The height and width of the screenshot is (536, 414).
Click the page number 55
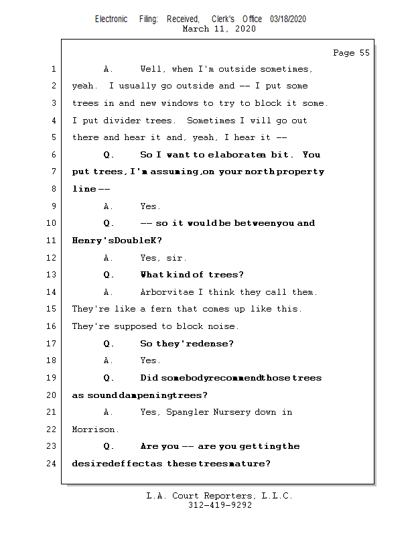point(364,53)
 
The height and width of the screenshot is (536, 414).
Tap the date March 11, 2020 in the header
point(218,29)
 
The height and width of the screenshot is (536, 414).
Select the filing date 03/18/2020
point(288,19)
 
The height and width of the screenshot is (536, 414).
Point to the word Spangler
point(190,412)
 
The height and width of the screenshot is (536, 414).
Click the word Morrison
point(95,429)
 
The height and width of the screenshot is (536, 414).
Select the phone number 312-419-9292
point(220,505)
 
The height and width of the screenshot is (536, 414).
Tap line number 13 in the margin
point(52,275)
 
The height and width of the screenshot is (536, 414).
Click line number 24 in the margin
point(52,464)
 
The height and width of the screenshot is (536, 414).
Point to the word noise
point(223,326)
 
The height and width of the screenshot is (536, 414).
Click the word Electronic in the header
point(111,19)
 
